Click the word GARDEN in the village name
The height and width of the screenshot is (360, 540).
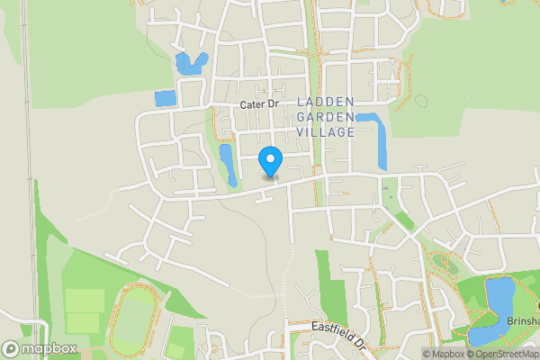(325, 116)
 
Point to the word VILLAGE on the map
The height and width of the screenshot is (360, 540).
(325, 131)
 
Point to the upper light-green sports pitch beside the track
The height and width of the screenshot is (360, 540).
(85, 300)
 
